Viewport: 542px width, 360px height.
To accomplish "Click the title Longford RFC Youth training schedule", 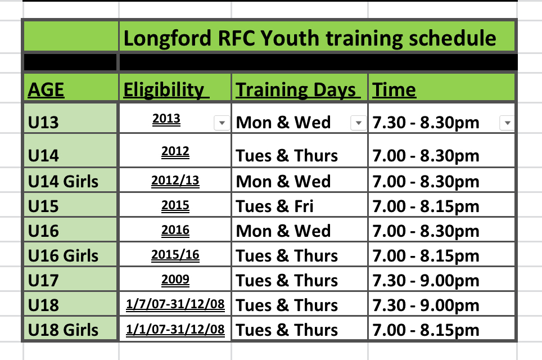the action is pyautogui.click(x=310, y=38).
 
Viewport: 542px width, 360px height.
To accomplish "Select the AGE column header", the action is pyautogui.click(x=46, y=90).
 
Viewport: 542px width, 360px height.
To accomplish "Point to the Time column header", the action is pyautogui.click(x=394, y=90).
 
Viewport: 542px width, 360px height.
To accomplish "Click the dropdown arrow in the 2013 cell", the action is pyautogui.click(x=222, y=123).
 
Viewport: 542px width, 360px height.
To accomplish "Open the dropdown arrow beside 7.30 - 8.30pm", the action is pyautogui.click(x=508, y=123).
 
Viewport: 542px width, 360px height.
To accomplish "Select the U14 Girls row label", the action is pyautogui.click(x=63, y=182).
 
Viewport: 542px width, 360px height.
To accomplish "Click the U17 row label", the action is pyautogui.click(x=43, y=281).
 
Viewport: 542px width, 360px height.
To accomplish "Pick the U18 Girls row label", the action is pyautogui.click(x=63, y=330).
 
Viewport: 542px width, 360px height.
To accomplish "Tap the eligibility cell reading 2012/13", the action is pyautogui.click(x=175, y=181).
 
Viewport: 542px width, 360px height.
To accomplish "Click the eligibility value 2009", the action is pyautogui.click(x=175, y=279).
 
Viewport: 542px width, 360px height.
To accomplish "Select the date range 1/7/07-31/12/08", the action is pyautogui.click(x=175, y=304).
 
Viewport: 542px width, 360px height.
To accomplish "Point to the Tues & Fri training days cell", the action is pyautogui.click(x=274, y=206).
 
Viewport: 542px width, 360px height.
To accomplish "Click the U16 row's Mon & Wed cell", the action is pyautogui.click(x=283, y=231).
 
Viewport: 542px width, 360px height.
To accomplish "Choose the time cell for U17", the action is pyautogui.click(x=426, y=281).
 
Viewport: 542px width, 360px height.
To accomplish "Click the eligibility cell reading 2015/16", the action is pyautogui.click(x=175, y=255).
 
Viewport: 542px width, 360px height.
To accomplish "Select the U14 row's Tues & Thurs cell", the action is pyautogui.click(x=287, y=156).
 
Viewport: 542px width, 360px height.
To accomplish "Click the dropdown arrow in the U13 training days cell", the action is pyautogui.click(x=359, y=123).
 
